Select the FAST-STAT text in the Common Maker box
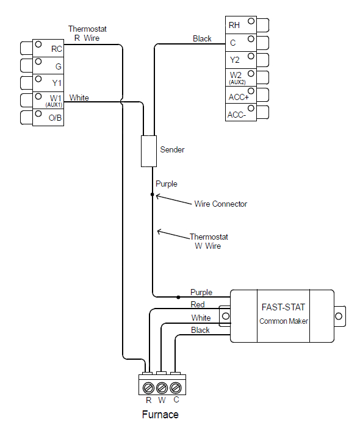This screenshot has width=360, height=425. pyautogui.click(x=284, y=307)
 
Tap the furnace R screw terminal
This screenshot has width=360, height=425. pyautogui.click(x=148, y=387)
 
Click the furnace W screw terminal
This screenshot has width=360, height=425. pyautogui.click(x=162, y=387)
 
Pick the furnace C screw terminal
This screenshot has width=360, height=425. pyautogui.click(x=176, y=387)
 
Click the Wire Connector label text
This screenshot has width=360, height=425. pyautogui.click(x=220, y=204)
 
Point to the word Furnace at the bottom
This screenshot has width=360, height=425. pyautogui.click(x=160, y=415)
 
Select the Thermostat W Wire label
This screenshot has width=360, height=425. pyautogui.click(x=208, y=241)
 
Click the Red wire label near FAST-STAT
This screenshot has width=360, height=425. pyautogui.click(x=198, y=305)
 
